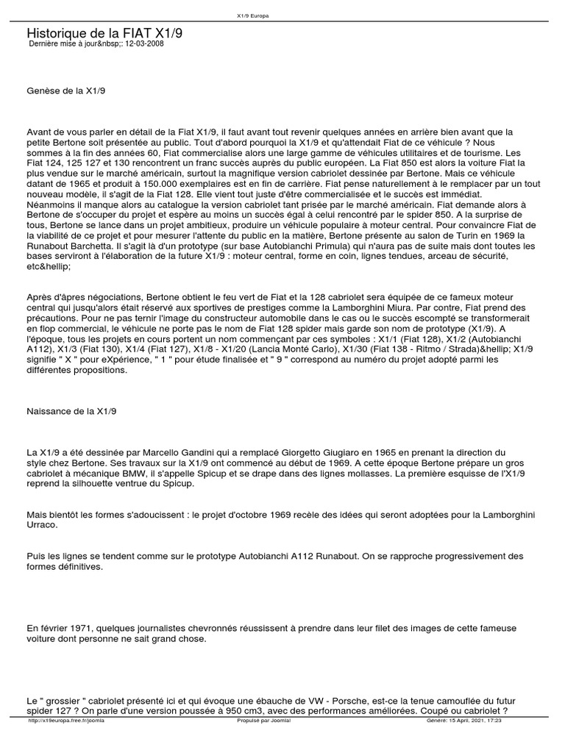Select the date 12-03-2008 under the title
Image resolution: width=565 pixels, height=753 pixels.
tap(145, 44)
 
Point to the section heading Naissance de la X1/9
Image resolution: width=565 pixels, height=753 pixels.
tap(71, 411)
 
